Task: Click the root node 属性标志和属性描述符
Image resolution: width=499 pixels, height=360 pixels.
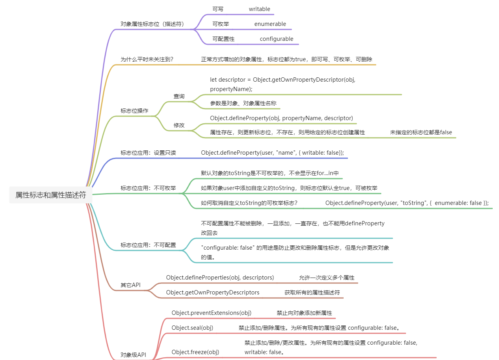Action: (x=51, y=195)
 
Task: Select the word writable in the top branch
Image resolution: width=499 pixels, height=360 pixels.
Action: (x=259, y=9)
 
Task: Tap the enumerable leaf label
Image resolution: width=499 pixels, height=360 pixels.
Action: (x=270, y=24)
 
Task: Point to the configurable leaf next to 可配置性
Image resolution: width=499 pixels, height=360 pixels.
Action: (x=276, y=39)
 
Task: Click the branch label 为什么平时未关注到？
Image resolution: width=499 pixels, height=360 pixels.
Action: (x=147, y=59)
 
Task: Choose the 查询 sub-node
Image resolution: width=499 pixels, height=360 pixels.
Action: (x=179, y=96)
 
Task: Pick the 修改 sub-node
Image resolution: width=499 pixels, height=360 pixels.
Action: (x=179, y=125)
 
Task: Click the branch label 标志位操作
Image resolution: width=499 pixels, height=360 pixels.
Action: (x=134, y=111)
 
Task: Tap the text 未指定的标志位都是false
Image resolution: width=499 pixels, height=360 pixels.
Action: (x=421, y=132)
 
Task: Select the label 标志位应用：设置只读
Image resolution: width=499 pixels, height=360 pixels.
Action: (x=148, y=153)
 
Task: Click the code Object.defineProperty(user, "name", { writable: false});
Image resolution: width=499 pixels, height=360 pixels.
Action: (x=272, y=153)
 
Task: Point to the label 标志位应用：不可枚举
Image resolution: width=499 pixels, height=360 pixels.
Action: (x=148, y=188)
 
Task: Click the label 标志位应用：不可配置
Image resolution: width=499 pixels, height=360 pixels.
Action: (x=148, y=245)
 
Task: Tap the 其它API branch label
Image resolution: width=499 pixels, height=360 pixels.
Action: (x=130, y=285)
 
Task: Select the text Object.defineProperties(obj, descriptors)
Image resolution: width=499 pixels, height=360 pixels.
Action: (x=220, y=278)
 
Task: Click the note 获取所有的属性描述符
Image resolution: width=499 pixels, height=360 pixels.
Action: (x=312, y=292)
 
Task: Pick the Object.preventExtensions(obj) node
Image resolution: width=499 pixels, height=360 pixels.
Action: (x=211, y=313)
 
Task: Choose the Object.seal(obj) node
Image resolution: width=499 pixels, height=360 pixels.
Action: (x=192, y=328)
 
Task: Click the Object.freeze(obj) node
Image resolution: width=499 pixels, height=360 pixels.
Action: (x=195, y=352)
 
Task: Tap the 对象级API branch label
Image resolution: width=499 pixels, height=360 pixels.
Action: (x=133, y=355)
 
